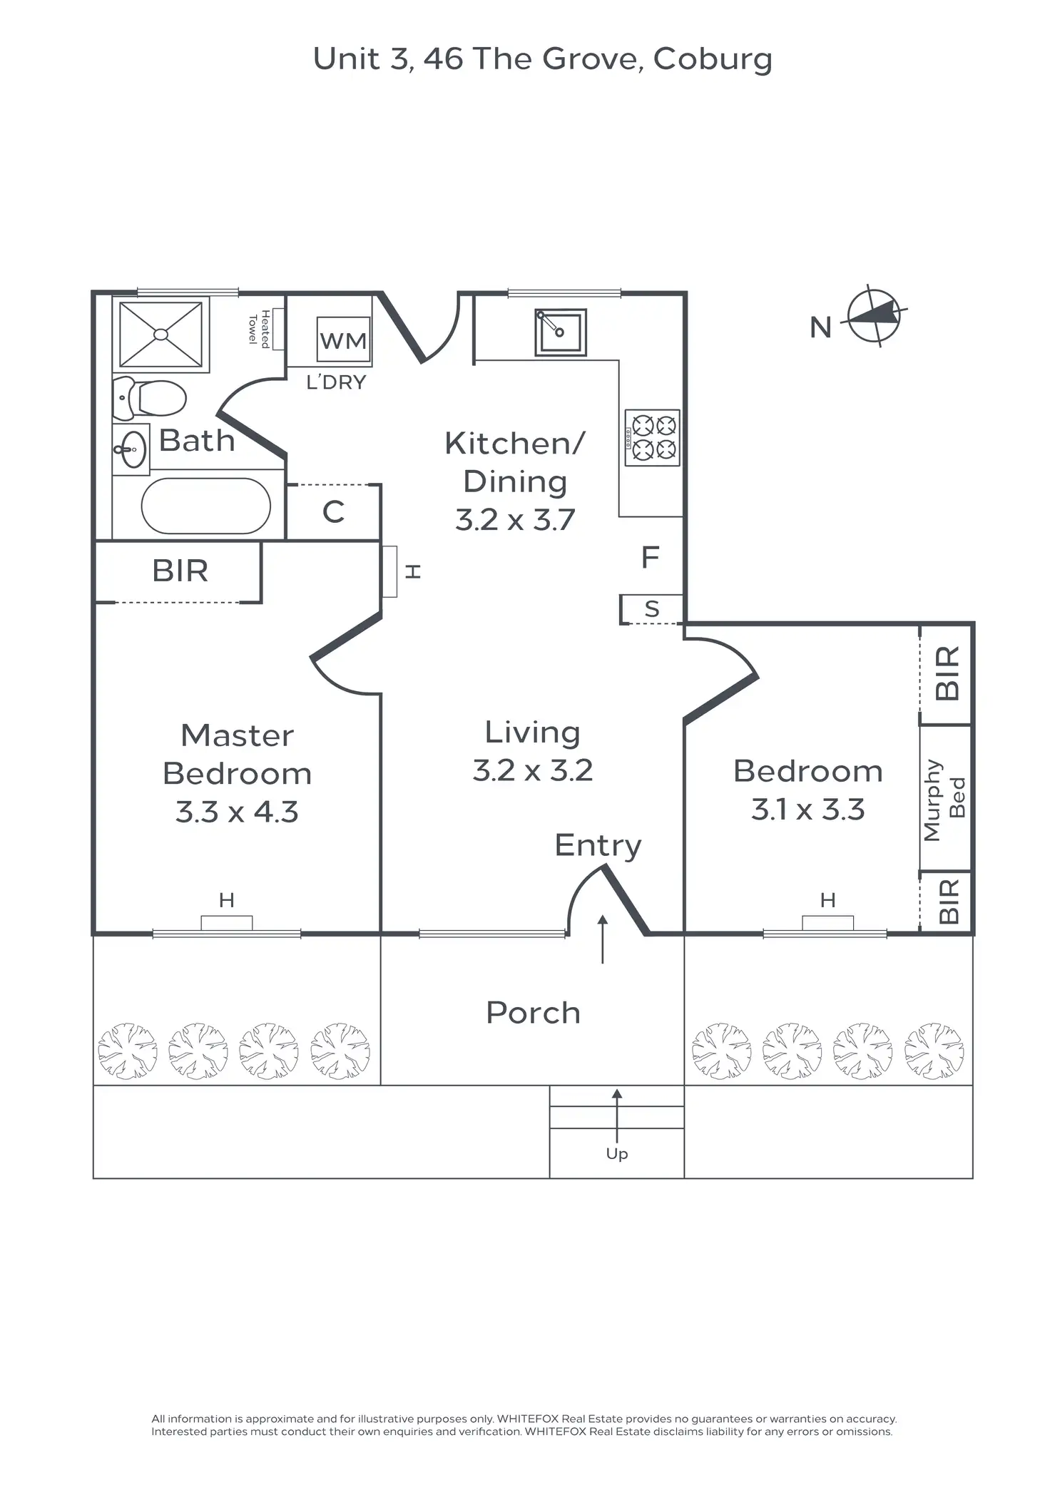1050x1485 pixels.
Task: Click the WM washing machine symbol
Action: pos(343,340)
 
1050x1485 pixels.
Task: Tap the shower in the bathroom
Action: pos(160,334)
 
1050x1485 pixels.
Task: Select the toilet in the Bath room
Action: pos(151,397)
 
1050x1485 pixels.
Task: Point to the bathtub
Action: pos(205,506)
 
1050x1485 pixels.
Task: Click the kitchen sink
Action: pos(561,332)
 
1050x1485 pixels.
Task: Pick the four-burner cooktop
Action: pos(653,437)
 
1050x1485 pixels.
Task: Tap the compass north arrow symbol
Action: pos(874,316)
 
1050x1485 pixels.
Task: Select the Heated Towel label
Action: pos(258,328)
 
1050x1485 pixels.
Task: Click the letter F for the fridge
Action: pos(650,557)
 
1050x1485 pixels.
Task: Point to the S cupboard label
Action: pos(651,609)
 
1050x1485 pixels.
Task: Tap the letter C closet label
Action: pos(333,511)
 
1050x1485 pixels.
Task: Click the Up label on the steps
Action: pos(617,1153)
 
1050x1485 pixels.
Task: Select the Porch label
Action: pos(533,1013)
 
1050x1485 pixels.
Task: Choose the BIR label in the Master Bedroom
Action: pos(180,571)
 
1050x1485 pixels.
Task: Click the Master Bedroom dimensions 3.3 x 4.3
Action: pos(237,812)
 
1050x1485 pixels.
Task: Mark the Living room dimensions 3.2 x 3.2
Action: pos(533,770)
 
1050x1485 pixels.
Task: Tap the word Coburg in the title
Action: pos(713,59)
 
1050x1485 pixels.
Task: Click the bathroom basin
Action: pos(132,449)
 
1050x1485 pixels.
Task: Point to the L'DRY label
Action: pos(336,383)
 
